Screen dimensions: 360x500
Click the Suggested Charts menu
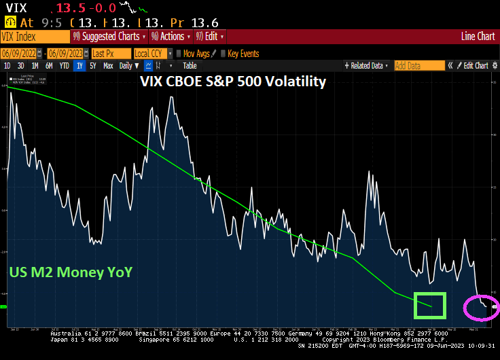[109, 37]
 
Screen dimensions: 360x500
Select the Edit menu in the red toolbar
[210, 37]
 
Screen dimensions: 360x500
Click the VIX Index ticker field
[34, 37]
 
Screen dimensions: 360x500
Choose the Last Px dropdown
[111, 53]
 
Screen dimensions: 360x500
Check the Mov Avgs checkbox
[179, 53]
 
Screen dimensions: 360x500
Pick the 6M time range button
[49, 66]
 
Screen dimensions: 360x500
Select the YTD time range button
[64, 66]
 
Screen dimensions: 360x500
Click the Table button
[190, 66]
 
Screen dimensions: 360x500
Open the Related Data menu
[368, 66]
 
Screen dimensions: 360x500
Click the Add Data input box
[419, 66]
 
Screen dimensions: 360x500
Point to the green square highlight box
[429, 305]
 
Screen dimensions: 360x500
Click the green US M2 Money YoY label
[71, 272]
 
